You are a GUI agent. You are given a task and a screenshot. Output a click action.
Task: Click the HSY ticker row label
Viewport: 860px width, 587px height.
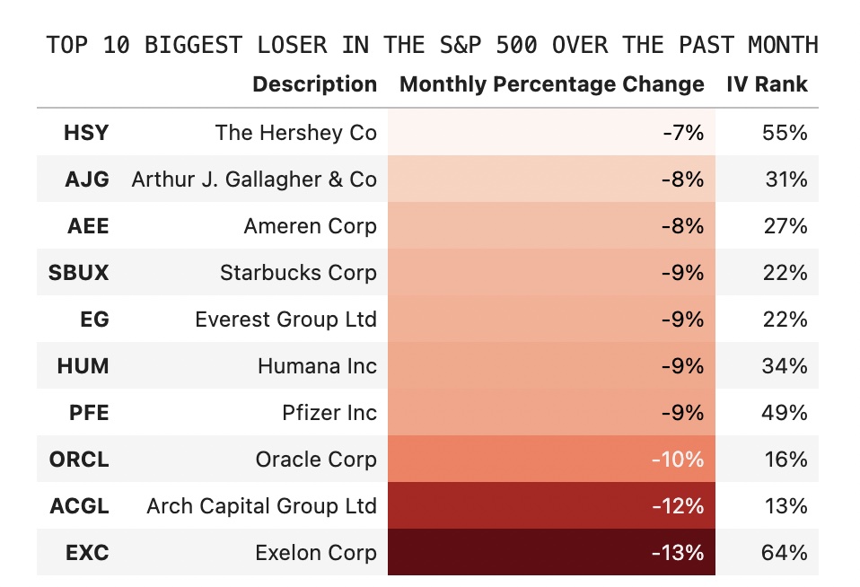tap(86, 133)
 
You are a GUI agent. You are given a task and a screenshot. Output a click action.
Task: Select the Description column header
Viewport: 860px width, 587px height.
tap(314, 84)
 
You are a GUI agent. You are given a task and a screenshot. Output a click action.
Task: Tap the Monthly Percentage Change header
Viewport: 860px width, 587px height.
tap(551, 84)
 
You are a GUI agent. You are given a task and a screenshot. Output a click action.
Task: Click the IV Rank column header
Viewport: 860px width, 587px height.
tap(767, 84)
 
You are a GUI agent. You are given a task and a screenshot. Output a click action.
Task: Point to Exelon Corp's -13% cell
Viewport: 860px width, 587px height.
tap(677, 552)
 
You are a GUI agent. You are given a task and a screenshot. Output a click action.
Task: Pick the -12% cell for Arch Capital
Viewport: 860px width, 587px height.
tap(677, 505)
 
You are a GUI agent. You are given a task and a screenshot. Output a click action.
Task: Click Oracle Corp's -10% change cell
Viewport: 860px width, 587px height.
tap(677, 459)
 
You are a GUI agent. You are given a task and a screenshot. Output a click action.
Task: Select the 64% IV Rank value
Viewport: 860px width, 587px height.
tap(784, 552)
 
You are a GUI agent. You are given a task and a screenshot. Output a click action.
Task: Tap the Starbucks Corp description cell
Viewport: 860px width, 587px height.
tap(298, 272)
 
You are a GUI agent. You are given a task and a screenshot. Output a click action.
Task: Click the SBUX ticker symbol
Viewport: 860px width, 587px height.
tap(79, 272)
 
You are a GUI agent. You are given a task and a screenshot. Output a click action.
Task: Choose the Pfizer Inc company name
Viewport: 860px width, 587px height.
tap(329, 412)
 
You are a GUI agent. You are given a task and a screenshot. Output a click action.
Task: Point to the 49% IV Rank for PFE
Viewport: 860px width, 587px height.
tap(784, 412)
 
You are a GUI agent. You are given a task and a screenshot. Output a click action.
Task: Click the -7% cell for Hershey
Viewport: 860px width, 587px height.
tap(683, 133)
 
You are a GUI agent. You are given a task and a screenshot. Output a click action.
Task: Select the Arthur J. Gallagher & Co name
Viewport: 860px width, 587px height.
tap(254, 179)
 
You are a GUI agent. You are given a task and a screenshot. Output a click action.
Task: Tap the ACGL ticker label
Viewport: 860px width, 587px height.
tap(79, 505)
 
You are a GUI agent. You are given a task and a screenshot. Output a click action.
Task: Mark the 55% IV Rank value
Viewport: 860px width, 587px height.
tap(784, 133)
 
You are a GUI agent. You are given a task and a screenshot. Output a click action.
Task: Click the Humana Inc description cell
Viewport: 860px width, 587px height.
tap(317, 365)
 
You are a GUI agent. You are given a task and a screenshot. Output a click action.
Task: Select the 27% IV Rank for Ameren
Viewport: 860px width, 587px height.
tap(784, 225)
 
